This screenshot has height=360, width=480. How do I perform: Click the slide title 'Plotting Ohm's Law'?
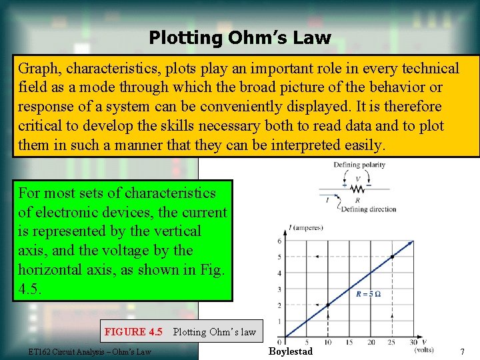tap(239, 37)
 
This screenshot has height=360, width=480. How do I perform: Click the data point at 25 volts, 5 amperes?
tap(392, 257)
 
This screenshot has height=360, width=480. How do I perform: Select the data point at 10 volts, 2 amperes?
tap(328, 305)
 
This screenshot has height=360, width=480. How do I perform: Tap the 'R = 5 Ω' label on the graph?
tap(369, 294)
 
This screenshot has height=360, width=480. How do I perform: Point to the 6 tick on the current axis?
tap(279, 241)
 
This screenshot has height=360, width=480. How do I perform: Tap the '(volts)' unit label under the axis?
tap(423, 350)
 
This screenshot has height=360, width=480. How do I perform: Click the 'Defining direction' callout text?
tap(368, 209)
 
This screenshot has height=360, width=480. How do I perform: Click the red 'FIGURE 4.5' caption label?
tap(133, 331)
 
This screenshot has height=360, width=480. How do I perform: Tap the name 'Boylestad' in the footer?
tap(290, 351)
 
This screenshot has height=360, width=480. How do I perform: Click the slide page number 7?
tap(461, 351)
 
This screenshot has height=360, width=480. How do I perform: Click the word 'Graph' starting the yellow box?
tap(37, 69)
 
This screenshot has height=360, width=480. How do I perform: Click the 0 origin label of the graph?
tap(281, 341)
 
